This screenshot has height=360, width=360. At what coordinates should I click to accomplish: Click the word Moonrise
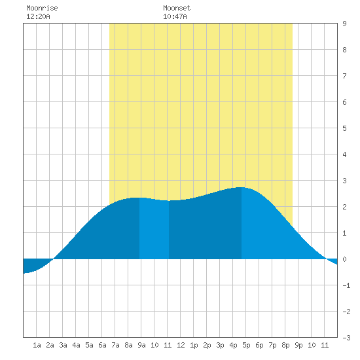pyautogui.click(x=42, y=8)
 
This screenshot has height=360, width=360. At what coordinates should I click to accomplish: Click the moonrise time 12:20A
pyautogui.click(x=38, y=16)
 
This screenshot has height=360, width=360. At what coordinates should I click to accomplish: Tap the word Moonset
pyautogui.click(x=177, y=8)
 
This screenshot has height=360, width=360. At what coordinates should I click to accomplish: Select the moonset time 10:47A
pyautogui.click(x=175, y=16)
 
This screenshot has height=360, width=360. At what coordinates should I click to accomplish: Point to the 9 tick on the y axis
pyautogui.click(x=344, y=24)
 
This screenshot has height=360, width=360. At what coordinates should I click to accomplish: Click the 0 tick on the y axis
pyautogui.click(x=344, y=259)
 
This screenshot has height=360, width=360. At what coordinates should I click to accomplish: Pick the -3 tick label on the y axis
pyautogui.click(x=347, y=338)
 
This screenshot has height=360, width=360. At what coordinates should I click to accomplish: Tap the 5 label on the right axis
pyautogui.click(x=344, y=128)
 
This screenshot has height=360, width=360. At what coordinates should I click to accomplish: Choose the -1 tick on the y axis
pyautogui.click(x=347, y=285)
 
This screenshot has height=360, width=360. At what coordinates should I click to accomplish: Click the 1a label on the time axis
pyautogui.click(x=37, y=345)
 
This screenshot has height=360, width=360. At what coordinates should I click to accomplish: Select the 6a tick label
pyautogui.click(x=102, y=345)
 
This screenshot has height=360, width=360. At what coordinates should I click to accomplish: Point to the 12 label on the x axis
pyautogui.click(x=181, y=345)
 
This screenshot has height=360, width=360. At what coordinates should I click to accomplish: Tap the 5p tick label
pyautogui.click(x=246, y=345)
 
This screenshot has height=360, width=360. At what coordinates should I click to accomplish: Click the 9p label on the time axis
pyautogui.click(x=298, y=345)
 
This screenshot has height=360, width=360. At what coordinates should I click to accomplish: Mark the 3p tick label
pyautogui.click(x=220, y=345)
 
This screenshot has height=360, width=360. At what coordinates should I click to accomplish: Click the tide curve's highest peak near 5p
pyautogui.click(x=240, y=187)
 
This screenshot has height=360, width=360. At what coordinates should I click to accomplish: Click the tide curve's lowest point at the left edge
pyautogui.click(x=24, y=273)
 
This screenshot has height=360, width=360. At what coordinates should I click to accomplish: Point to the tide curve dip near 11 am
pyautogui.click(x=168, y=201)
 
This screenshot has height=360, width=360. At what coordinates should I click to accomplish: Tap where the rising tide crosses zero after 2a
pyautogui.click(x=53, y=259)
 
